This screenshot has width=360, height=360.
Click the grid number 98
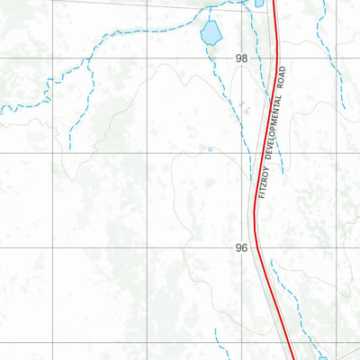[241, 58]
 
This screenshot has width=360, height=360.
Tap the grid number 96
[241, 247]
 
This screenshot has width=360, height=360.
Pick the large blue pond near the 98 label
[210, 34]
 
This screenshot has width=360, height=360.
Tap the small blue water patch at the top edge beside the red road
[260, 4]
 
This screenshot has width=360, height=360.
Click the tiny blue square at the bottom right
[322, 358]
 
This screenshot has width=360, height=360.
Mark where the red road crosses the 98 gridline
[278, 58]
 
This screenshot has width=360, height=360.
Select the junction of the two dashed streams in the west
[91, 61]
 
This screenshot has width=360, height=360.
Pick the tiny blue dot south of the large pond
[210, 149]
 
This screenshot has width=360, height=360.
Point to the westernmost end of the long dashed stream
[2, 109]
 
